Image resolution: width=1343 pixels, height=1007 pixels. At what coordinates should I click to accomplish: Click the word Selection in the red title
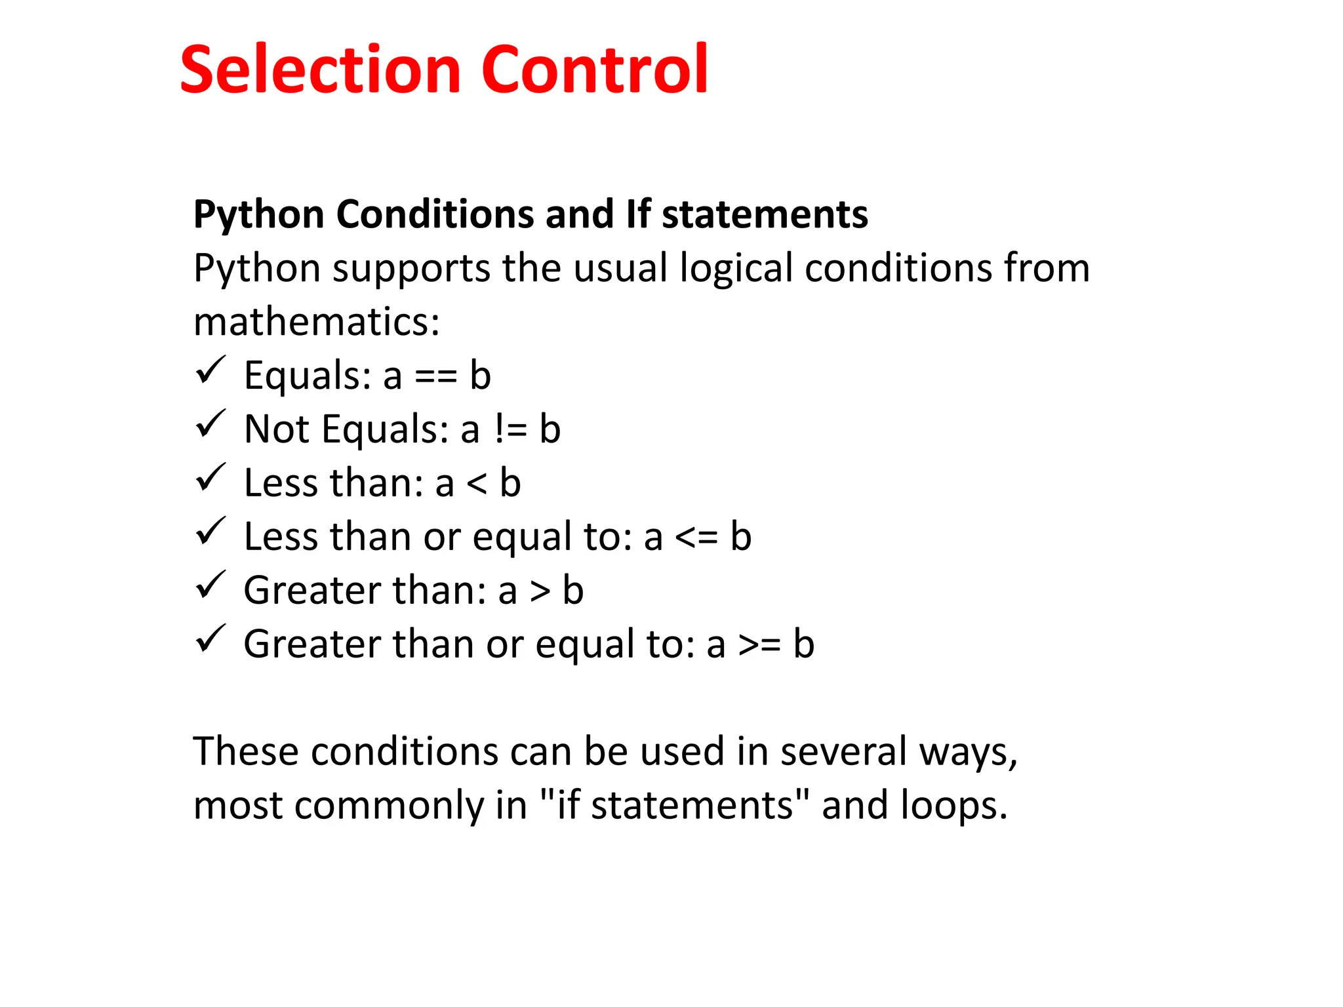click(321, 69)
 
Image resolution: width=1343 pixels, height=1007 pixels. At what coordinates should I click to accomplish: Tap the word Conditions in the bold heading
click(435, 214)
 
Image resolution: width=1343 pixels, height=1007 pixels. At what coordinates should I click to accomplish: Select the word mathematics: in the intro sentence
click(317, 322)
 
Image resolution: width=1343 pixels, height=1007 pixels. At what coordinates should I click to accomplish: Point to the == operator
click(435, 376)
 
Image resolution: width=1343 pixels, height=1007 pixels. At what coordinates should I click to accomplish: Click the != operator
click(510, 430)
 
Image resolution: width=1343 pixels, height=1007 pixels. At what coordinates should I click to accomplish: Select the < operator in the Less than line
click(477, 484)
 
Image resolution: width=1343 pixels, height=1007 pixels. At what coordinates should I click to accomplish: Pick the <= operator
click(696, 538)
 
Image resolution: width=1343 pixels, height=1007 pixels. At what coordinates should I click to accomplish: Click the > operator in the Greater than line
click(540, 592)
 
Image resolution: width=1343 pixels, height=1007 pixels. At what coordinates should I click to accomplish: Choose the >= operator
click(759, 646)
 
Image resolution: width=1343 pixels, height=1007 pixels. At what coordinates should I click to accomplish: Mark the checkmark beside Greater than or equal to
click(210, 639)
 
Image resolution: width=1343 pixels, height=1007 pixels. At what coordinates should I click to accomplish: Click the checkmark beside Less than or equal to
click(210, 532)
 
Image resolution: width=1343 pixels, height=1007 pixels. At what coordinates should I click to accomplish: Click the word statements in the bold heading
click(765, 214)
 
